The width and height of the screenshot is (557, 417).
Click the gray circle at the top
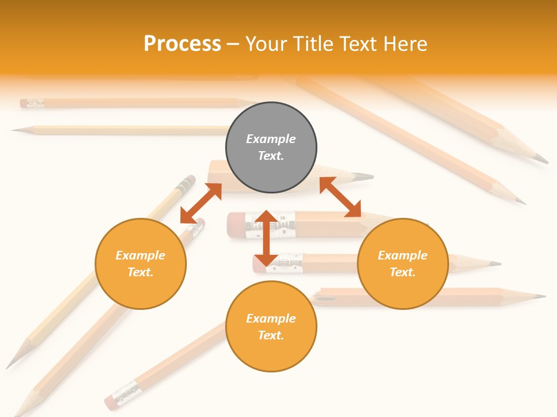271,148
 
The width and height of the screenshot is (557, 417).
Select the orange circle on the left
140,264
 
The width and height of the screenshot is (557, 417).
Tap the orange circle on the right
403,264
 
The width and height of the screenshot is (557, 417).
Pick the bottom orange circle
271,327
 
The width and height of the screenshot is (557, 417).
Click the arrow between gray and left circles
201,203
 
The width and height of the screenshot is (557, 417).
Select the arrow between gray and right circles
341,197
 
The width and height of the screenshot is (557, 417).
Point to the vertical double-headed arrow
266,238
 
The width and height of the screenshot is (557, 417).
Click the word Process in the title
182,43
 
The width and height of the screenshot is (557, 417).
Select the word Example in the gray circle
271,139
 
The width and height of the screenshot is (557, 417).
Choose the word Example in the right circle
403,255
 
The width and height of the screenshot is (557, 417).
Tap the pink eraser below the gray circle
235,225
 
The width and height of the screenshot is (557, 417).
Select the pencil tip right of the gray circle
364,176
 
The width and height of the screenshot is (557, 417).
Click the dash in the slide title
233,44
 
